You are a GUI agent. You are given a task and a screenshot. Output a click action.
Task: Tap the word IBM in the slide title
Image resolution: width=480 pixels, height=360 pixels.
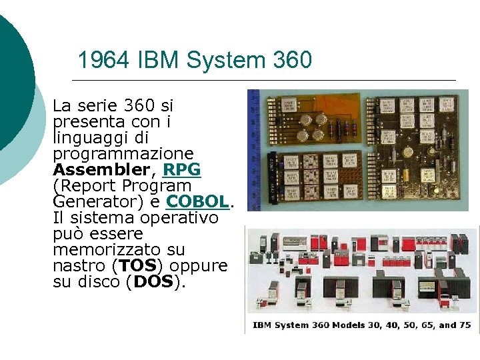pos(159,61)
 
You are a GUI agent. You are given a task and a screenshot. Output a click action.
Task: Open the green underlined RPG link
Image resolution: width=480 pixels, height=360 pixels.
pos(181,169)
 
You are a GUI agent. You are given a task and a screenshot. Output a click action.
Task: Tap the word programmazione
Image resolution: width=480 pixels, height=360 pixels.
pos(123,153)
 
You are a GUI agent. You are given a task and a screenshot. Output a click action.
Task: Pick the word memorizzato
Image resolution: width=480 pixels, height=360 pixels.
pos(109,249)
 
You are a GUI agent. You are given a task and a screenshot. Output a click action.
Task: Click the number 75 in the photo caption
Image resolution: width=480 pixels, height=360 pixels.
pos(465,325)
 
